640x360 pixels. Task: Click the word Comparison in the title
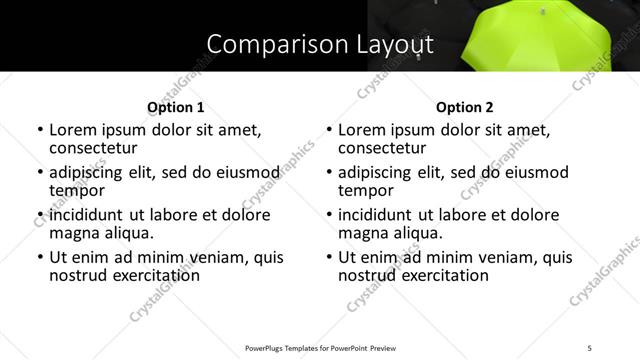[266, 45]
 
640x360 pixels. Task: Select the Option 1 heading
[176, 107]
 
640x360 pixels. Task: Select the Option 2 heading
[465, 107]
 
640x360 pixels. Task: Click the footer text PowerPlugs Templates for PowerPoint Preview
[320, 347]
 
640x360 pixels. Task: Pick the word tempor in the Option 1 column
[77, 190]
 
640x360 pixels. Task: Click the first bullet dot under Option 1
[40, 130]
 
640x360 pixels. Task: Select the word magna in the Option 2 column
[362, 233]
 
